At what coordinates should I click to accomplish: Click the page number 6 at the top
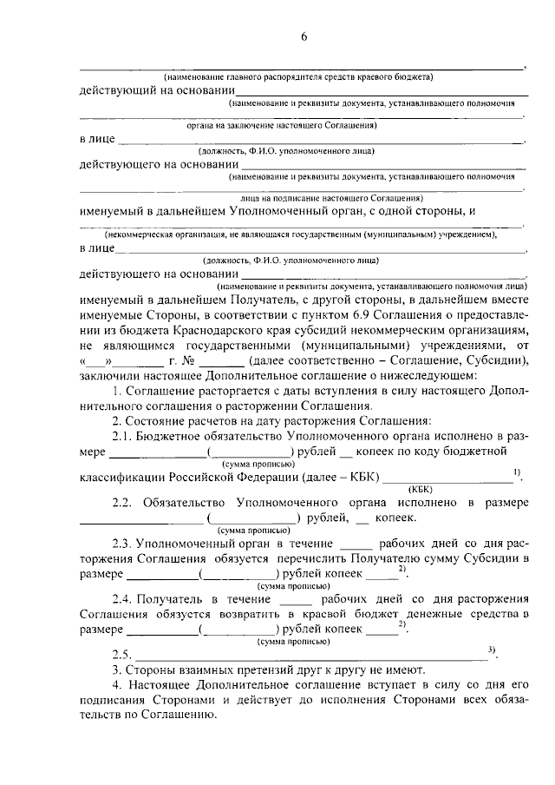coord(304,36)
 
